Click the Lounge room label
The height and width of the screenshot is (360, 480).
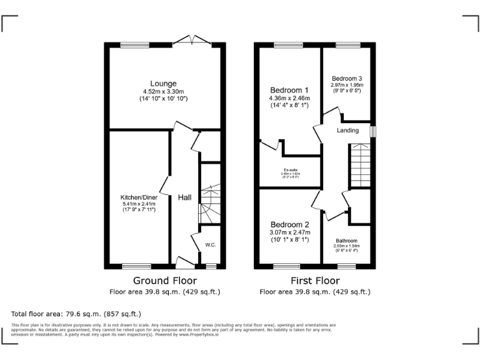(x=163, y=84)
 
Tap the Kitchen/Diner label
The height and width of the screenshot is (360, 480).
(x=139, y=197)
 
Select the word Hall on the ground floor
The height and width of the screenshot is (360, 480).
(x=184, y=197)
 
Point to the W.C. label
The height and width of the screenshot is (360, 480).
(x=210, y=244)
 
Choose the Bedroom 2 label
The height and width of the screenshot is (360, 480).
(x=289, y=224)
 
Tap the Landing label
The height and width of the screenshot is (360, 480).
(x=347, y=131)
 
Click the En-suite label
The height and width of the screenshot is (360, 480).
(x=289, y=171)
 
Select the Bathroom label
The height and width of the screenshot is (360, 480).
(x=346, y=241)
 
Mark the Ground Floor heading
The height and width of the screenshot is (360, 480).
(x=165, y=281)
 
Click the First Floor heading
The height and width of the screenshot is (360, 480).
(x=315, y=281)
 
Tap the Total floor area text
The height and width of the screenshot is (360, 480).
(x=76, y=314)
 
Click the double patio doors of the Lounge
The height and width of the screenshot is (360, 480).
(x=191, y=41)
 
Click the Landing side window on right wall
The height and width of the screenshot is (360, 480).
(x=373, y=132)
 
